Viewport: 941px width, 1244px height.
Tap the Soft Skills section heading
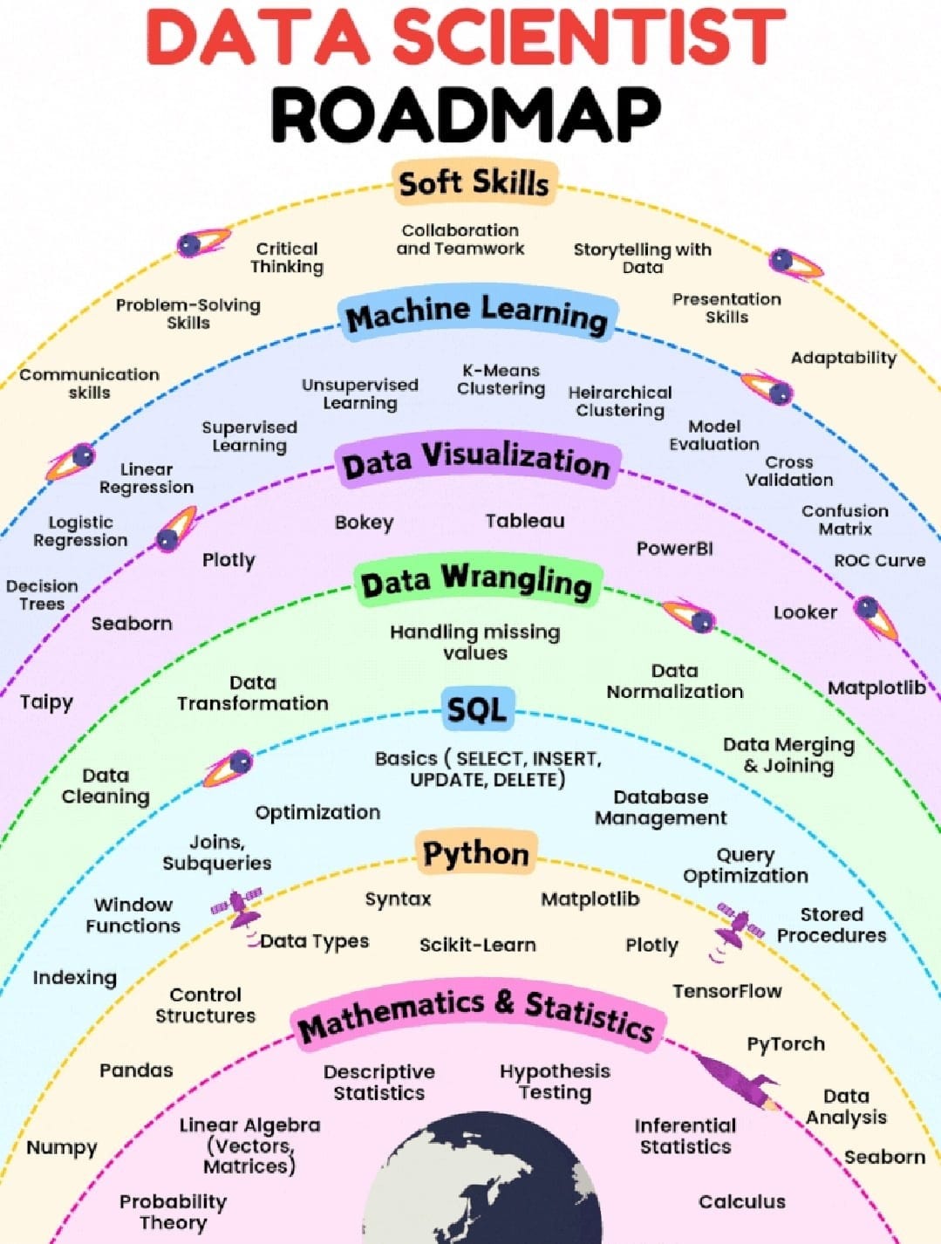(474, 183)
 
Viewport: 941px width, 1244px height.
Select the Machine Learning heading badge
(476, 314)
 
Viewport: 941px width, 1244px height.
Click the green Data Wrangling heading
(476, 583)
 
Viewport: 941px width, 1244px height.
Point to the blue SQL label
(476, 709)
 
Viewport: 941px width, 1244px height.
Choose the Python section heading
(476, 853)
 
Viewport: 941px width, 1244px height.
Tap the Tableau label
(525, 521)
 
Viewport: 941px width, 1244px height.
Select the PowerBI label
(674, 549)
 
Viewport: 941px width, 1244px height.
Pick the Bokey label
(364, 523)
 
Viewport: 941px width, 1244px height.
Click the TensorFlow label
(726, 991)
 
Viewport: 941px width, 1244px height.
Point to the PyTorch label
(785, 1044)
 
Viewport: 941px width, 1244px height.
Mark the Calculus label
(741, 1202)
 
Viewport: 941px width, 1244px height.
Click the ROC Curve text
(879, 561)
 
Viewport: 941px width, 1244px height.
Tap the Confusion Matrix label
(844, 520)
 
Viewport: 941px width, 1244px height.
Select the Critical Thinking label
(287, 258)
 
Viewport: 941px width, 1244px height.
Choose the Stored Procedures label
(831, 925)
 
